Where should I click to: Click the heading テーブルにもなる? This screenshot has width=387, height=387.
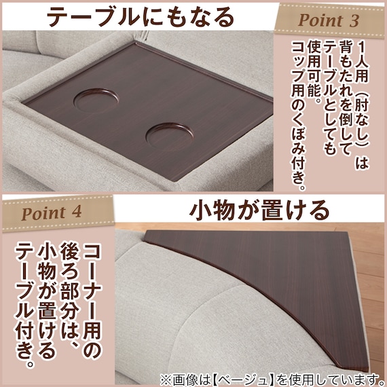(140, 17)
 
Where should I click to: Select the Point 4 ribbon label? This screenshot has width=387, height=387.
(58, 213)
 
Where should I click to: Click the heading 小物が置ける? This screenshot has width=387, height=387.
(259, 210)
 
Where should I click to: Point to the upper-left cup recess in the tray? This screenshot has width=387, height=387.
(96, 100)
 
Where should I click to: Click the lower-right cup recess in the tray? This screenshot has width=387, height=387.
(170, 137)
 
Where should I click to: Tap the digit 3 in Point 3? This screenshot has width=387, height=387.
(354, 21)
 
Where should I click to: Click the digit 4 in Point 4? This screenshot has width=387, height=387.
(77, 212)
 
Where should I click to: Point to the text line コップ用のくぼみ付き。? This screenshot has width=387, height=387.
(299, 115)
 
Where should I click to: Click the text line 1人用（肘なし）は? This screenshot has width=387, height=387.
(361, 105)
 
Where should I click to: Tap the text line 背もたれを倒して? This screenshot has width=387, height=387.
(346, 98)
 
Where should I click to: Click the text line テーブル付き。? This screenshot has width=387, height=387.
(24, 305)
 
